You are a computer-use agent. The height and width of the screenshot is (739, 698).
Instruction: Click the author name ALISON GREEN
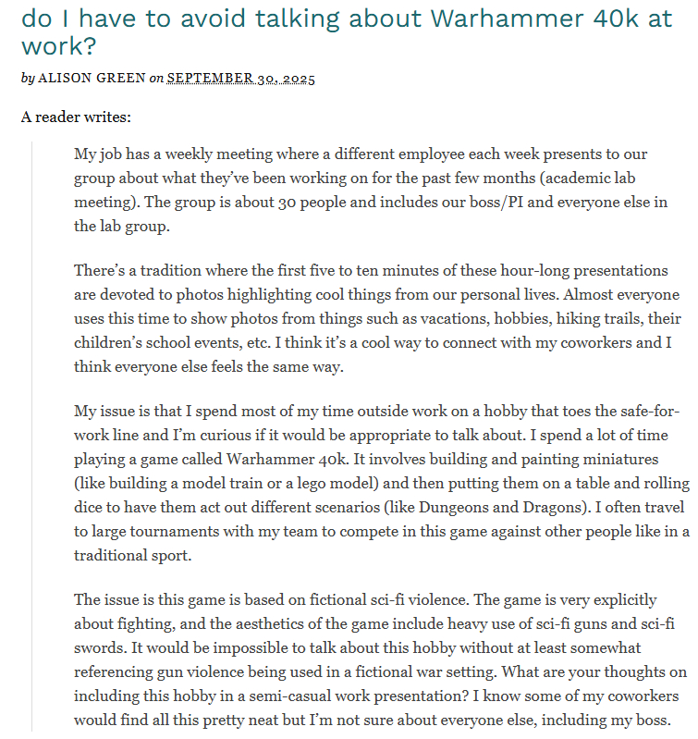(92, 79)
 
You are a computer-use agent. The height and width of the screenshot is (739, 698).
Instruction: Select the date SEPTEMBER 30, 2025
(241, 79)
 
